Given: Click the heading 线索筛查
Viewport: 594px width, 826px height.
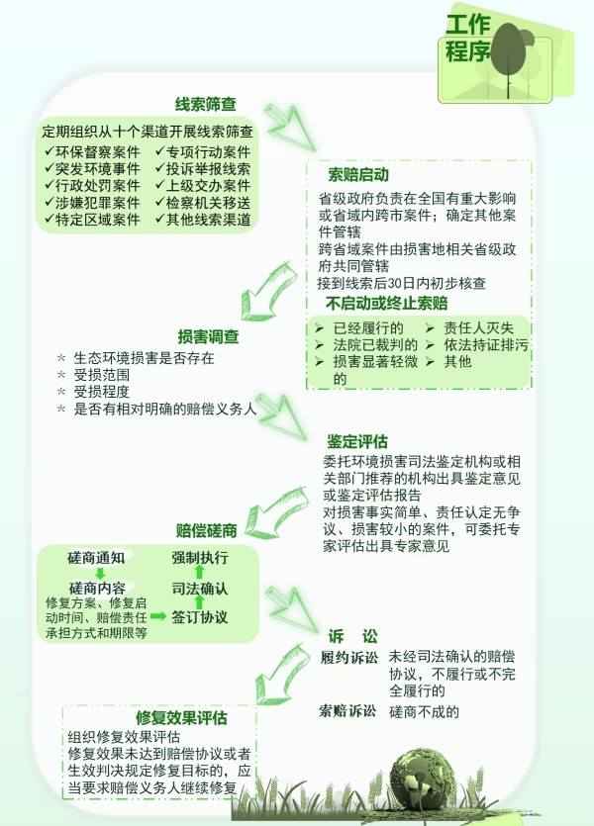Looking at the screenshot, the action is [x=206, y=104].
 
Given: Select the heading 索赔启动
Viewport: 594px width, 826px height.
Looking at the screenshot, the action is [x=358, y=174].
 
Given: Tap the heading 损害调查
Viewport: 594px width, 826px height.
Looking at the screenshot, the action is [x=208, y=336].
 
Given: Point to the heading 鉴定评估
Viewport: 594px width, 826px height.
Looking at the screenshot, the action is [x=357, y=441].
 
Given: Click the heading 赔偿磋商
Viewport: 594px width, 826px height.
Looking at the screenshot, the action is [x=207, y=530].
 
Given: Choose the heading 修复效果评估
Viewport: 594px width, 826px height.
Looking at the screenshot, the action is [x=182, y=717].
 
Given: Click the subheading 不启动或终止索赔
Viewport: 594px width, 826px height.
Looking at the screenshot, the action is [x=387, y=304].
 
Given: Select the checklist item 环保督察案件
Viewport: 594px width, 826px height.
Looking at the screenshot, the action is [x=92, y=152].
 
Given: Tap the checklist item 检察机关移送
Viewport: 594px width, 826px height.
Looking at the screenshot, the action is [x=203, y=203].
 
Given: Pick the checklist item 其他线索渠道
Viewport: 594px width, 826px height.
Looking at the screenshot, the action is [x=203, y=220].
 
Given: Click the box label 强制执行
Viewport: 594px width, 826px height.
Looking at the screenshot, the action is [x=200, y=558].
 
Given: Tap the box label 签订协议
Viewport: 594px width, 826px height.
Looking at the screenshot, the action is [x=200, y=617].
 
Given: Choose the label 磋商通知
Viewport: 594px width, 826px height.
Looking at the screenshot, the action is [x=96, y=558].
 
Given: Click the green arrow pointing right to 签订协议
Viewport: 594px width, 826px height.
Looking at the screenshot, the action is [x=158, y=616].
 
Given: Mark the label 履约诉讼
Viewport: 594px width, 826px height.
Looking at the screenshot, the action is [x=348, y=658].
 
